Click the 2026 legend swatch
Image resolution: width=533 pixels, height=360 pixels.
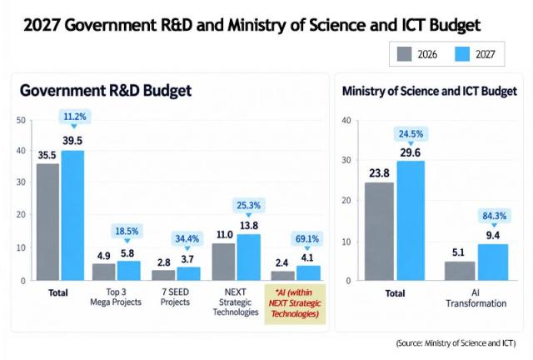tap(404, 54)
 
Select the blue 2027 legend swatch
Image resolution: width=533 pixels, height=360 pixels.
tap(462, 54)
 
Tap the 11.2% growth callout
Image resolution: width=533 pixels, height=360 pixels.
tap(75, 117)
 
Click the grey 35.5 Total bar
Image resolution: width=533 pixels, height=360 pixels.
tap(47, 222)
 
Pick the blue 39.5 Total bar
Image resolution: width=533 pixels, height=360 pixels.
tap(72, 215)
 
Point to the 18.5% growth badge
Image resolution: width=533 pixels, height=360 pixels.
tap(127, 232)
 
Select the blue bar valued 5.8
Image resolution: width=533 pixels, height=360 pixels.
tap(129, 271)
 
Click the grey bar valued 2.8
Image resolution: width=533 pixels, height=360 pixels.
tap(163, 275)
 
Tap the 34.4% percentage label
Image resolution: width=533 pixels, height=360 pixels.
tap(187, 239)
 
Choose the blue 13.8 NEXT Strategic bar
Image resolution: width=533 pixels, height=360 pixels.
tap(249, 257)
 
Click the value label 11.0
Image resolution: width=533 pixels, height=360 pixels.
tap(225, 235)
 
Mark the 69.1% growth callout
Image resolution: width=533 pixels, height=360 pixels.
tap(307, 239)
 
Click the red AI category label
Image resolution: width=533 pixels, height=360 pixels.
tap(295, 302)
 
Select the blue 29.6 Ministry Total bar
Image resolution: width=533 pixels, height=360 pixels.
tap(411, 221)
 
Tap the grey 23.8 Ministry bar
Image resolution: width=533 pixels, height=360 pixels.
tap(380, 232)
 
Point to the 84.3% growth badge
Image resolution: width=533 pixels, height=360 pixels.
tap(494, 216)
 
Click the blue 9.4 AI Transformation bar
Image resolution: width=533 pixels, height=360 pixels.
tap(493, 262)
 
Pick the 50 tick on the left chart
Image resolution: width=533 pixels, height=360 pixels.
tap(21, 120)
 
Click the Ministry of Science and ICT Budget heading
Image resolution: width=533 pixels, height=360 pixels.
tap(430, 91)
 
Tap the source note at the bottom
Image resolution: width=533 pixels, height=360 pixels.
tap(456, 343)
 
